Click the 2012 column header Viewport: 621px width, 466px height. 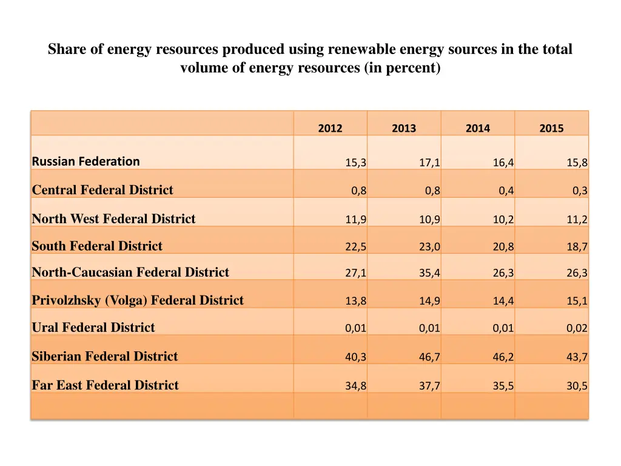(x=330, y=128)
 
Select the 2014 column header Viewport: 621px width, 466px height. (x=478, y=128)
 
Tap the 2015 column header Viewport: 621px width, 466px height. (x=551, y=128)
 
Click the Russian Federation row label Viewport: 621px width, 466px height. (x=86, y=161)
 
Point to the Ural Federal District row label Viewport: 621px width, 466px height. (x=93, y=328)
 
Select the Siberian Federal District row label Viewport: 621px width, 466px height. (x=105, y=356)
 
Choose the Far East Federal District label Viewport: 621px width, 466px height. (x=106, y=385)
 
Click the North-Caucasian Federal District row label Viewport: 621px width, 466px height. (x=130, y=272)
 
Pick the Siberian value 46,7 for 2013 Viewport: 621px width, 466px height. (x=429, y=357)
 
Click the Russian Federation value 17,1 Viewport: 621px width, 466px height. (x=429, y=163)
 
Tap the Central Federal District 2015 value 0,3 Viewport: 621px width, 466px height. (x=580, y=191)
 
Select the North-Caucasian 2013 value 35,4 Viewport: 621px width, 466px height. (x=429, y=274)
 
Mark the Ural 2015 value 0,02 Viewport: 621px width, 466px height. (x=577, y=329)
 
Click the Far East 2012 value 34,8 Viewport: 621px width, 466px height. (x=355, y=386)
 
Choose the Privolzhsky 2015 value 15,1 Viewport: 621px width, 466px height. (x=577, y=302)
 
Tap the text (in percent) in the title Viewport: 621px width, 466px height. (x=402, y=68)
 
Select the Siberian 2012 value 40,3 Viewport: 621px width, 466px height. (x=355, y=357)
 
